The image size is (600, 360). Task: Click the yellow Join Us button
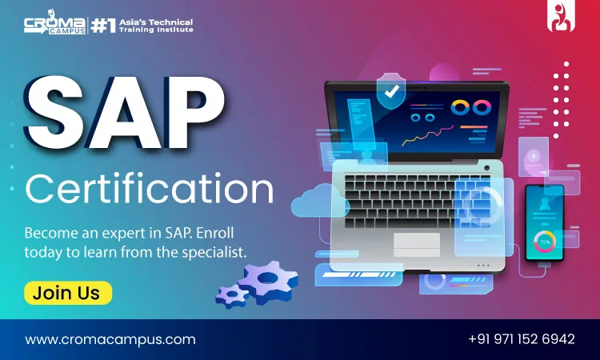(x=68, y=293)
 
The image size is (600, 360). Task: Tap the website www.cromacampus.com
(x=110, y=339)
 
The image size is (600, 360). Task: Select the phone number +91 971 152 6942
(x=522, y=339)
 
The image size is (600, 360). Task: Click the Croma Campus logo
(x=54, y=23)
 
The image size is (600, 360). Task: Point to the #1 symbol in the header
(x=103, y=26)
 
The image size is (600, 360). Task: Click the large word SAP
(x=125, y=114)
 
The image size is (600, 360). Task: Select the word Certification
(x=150, y=189)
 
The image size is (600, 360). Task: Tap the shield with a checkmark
(x=390, y=91)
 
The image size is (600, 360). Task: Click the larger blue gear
(x=268, y=282)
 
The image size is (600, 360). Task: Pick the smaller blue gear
(x=232, y=297)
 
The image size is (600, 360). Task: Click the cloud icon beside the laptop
(x=319, y=201)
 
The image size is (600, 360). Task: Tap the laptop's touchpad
(x=417, y=245)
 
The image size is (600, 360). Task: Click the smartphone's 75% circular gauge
(x=545, y=242)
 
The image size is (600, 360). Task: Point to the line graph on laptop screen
(x=427, y=135)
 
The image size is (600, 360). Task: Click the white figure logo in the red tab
(x=561, y=18)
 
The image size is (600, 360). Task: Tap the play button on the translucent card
(x=533, y=156)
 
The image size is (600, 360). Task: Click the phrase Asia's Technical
(x=156, y=22)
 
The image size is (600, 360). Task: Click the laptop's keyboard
(x=417, y=202)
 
